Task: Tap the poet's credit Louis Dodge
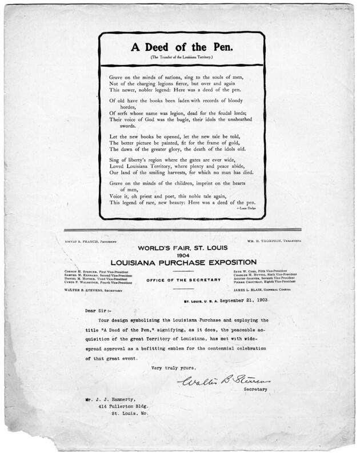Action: [245, 209]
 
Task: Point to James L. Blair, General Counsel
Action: [276, 290]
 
